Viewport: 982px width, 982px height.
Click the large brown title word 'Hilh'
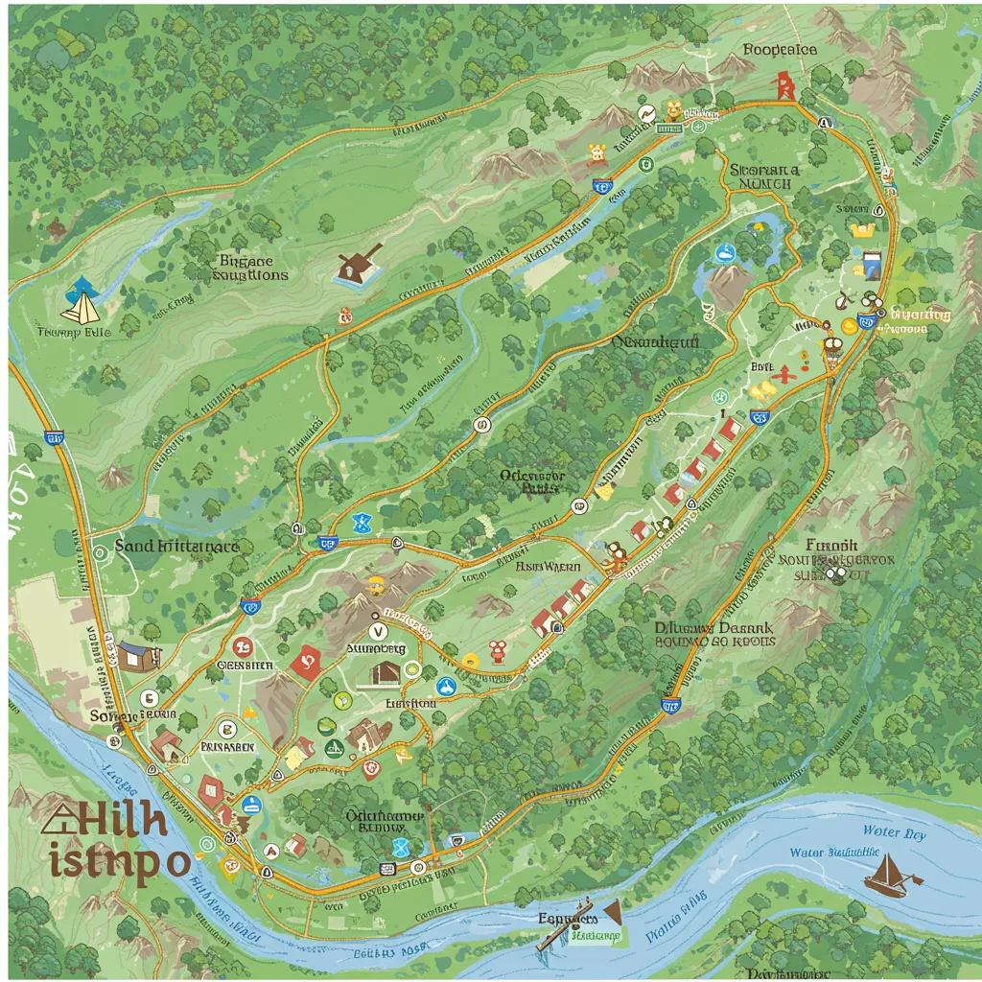[x=106, y=821]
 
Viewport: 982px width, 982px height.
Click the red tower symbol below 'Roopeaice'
[x=785, y=86]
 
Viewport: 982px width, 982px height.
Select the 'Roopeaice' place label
[x=779, y=49]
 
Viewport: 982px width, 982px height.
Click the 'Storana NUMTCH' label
[x=763, y=175]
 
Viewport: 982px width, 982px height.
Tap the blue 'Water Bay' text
[x=894, y=832]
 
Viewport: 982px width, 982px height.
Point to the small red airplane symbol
[x=783, y=373]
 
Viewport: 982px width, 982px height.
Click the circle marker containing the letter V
[x=376, y=630]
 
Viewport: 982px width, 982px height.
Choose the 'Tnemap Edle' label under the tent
[x=73, y=333]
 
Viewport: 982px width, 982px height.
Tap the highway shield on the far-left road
[x=55, y=438]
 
